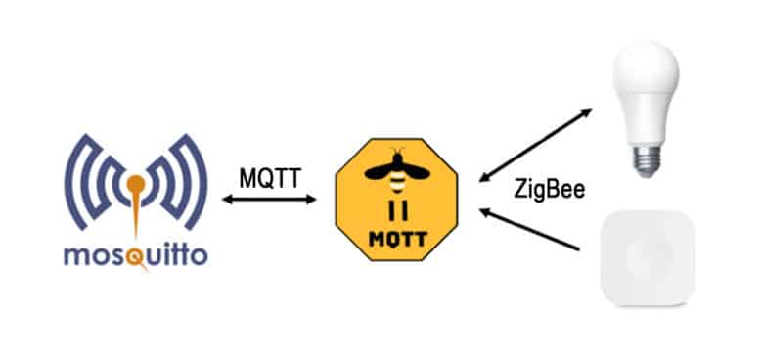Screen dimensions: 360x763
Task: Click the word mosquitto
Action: (x=135, y=256)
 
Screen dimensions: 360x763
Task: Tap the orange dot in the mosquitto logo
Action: (x=135, y=183)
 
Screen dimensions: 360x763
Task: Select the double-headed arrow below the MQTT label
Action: (x=270, y=200)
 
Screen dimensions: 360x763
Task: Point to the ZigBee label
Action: (x=549, y=190)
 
